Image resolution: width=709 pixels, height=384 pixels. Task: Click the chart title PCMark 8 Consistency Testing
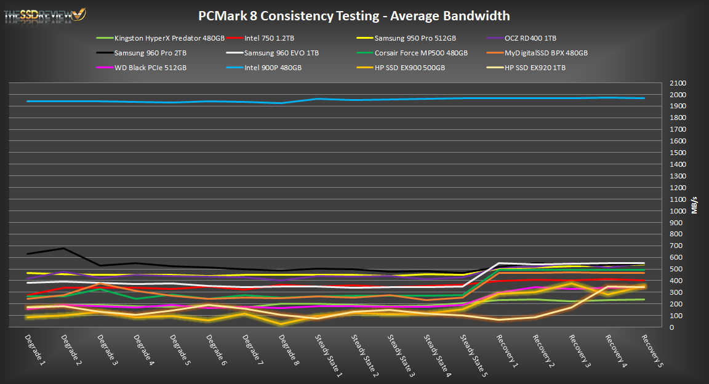click(354, 16)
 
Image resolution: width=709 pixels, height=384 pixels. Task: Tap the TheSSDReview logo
click(45, 14)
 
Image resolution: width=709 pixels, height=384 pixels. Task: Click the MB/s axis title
click(694, 205)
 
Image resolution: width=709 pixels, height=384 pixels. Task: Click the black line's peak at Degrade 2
click(63, 249)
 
